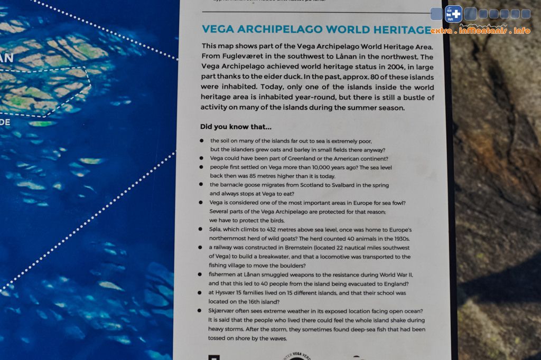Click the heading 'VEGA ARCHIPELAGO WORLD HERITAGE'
point(316,30)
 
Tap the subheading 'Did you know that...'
point(236,127)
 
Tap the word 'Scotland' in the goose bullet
point(306,185)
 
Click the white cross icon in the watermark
point(453,14)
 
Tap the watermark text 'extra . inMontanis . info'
point(480,31)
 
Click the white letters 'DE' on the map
point(5,122)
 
